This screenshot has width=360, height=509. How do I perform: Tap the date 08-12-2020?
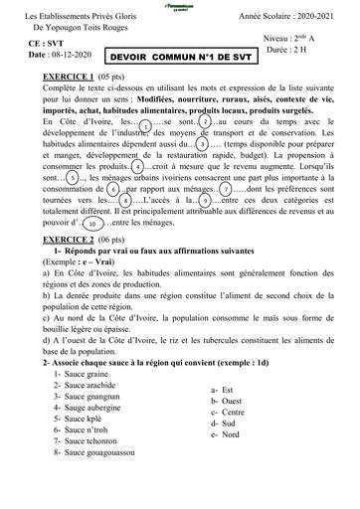click(72, 59)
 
